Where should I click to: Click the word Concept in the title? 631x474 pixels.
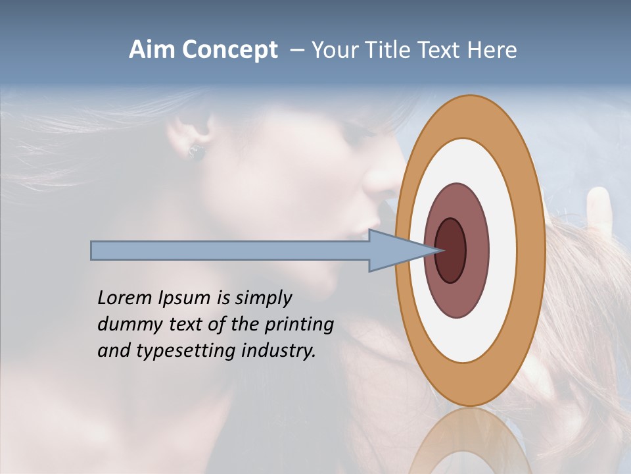point(229,51)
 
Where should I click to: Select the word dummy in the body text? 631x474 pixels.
point(126,325)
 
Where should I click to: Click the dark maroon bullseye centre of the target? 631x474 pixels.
point(450,250)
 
